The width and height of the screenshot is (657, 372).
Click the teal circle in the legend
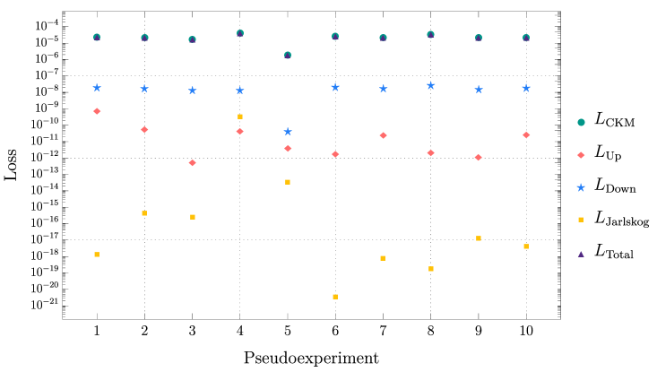click(581, 122)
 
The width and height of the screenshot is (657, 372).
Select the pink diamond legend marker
click(581, 155)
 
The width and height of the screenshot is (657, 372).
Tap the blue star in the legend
click(581, 187)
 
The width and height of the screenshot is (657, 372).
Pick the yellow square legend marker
click(581, 220)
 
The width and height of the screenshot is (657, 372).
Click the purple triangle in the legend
click(581, 254)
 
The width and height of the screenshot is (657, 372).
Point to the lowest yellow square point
click(335, 297)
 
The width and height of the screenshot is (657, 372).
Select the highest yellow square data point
click(240, 117)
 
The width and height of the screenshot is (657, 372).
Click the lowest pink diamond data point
click(193, 163)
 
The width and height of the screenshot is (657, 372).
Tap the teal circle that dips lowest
click(288, 56)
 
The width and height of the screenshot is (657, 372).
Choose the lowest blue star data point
click(288, 132)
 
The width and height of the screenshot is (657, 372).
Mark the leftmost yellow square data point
click(97, 255)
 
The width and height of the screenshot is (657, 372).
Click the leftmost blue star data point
click(97, 88)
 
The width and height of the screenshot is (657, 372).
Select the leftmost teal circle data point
click(97, 38)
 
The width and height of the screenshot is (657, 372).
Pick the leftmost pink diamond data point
click(97, 111)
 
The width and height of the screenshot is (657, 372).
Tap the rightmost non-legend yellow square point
click(526, 247)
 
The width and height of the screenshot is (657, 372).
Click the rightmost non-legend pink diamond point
click(526, 135)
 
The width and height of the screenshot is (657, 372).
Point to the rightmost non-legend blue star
click(526, 88)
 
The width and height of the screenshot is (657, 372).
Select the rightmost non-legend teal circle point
click(526, 38)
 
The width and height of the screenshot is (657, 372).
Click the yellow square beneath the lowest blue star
click(288, 182)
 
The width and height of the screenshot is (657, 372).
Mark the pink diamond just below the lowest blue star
click(288, 149)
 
